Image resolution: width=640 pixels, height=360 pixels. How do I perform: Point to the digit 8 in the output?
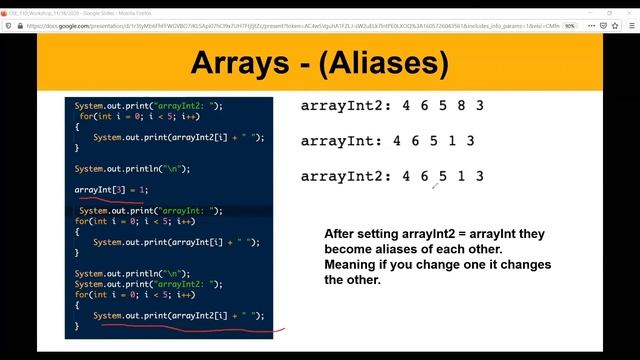pos(461,105)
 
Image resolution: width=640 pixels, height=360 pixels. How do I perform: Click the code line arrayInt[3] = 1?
pos(111,190)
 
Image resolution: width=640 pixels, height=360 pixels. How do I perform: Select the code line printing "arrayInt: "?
pos(150,211)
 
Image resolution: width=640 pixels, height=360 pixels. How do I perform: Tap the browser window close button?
pos(626,5)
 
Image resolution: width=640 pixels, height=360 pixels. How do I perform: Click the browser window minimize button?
pos(584,5)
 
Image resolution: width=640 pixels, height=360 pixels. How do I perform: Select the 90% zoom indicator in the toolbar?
pos(569,26)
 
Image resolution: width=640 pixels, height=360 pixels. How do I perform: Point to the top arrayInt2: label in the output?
pos(345,105)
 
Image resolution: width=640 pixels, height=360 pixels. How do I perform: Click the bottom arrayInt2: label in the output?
pos(345,177)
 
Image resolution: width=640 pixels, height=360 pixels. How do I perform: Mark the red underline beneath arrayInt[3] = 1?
pos(115,200)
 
